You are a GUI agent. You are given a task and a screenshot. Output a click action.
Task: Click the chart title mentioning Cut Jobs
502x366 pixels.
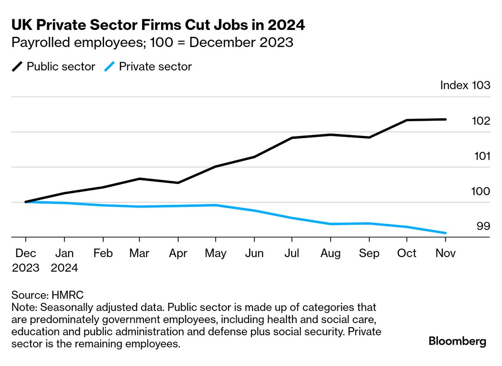coord(158,25)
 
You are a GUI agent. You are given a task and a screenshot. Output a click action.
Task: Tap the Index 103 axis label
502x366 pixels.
coord(465,86)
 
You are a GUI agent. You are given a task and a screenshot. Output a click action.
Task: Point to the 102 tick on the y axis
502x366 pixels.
coord(481,121)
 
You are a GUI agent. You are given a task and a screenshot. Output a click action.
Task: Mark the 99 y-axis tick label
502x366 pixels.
coord(483,226)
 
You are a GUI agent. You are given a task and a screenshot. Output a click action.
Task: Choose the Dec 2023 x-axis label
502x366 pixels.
coord(25,260)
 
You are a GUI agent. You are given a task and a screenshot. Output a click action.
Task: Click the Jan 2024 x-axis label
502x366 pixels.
coord(64,260)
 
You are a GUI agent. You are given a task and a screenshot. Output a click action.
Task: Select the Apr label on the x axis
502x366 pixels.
coord(178,253)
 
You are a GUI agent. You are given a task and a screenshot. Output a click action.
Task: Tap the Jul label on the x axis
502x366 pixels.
coord(292,253)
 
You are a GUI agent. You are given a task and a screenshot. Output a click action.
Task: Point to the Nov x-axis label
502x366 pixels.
coord(445,253)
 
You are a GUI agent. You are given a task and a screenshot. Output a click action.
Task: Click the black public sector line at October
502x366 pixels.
coord(407,120)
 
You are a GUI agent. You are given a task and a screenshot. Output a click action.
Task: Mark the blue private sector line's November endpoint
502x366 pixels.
coord(445,233)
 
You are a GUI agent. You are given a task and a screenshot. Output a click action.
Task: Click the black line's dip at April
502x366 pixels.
coord(178,183)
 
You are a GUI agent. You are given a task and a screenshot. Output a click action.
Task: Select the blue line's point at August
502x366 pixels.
coord(330,224)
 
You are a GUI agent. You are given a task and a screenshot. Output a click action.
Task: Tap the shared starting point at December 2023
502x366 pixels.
coord(26,202)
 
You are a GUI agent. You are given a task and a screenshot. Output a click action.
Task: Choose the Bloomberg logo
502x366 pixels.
coord(457,341)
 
